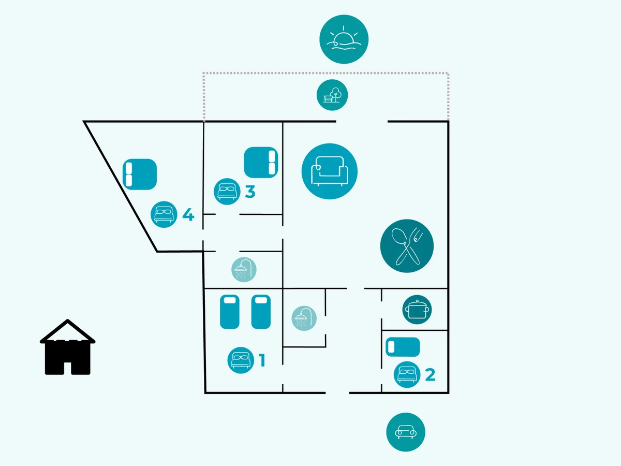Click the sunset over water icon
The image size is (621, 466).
tap(344, 39)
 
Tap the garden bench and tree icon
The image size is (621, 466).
tap(332, 95)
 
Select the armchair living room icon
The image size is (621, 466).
tap(330, 171)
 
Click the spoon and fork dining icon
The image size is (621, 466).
tap(407, 246)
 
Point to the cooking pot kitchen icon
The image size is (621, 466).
tap(417, 310)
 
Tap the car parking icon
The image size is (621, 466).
tap(406, 432)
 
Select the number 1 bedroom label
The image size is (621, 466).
tap(262, 360)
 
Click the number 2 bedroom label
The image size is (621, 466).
tap(430, 374)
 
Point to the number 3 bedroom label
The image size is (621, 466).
tap(250, 192)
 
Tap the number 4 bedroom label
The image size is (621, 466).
tap(188, 214)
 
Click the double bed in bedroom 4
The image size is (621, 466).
tap(140, 174)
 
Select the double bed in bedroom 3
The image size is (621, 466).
tap(261, 163)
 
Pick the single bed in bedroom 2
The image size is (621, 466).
tap(403, 347)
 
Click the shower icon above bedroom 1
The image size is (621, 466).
tap(243, 270)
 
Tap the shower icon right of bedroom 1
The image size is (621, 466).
tap(304, 318)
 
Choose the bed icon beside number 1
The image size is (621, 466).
tap(241, 360)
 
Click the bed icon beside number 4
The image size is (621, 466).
tap(164, 214)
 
